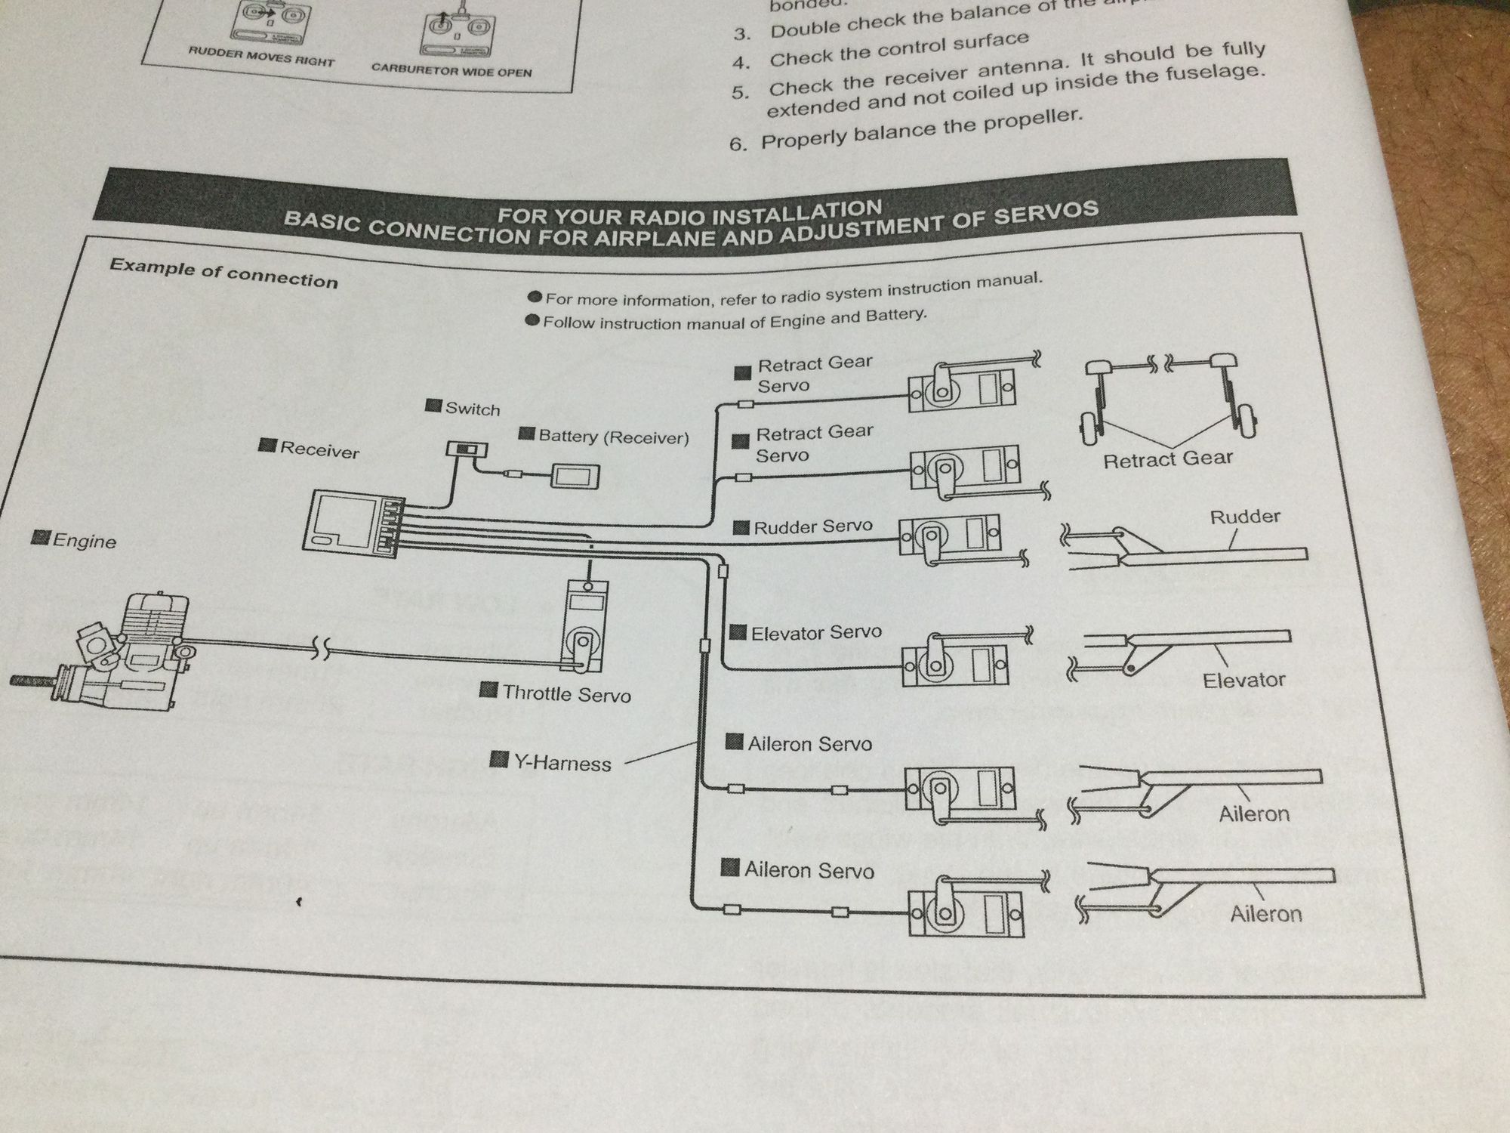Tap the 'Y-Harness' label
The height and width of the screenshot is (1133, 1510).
[x=562, y=763]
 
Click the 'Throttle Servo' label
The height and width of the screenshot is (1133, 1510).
[x=566, y=693]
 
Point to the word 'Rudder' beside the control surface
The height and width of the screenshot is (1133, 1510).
[x=1245, y=517]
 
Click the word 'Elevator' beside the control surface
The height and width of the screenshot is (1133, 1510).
[x=1243, y=681]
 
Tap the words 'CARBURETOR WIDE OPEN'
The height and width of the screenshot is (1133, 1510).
[x=451, y=70]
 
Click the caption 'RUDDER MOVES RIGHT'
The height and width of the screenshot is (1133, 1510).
[x=260, y=57]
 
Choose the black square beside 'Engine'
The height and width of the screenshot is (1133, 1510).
[x=39, y=537]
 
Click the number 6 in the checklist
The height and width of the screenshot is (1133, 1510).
[x=738, y=144]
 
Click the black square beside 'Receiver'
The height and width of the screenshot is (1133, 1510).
[x=267, y=445]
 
